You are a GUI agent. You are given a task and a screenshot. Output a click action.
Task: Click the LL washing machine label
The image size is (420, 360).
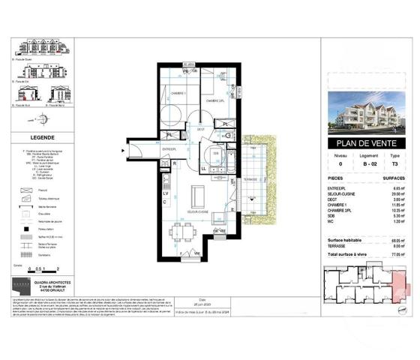click(x=204, y=169)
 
